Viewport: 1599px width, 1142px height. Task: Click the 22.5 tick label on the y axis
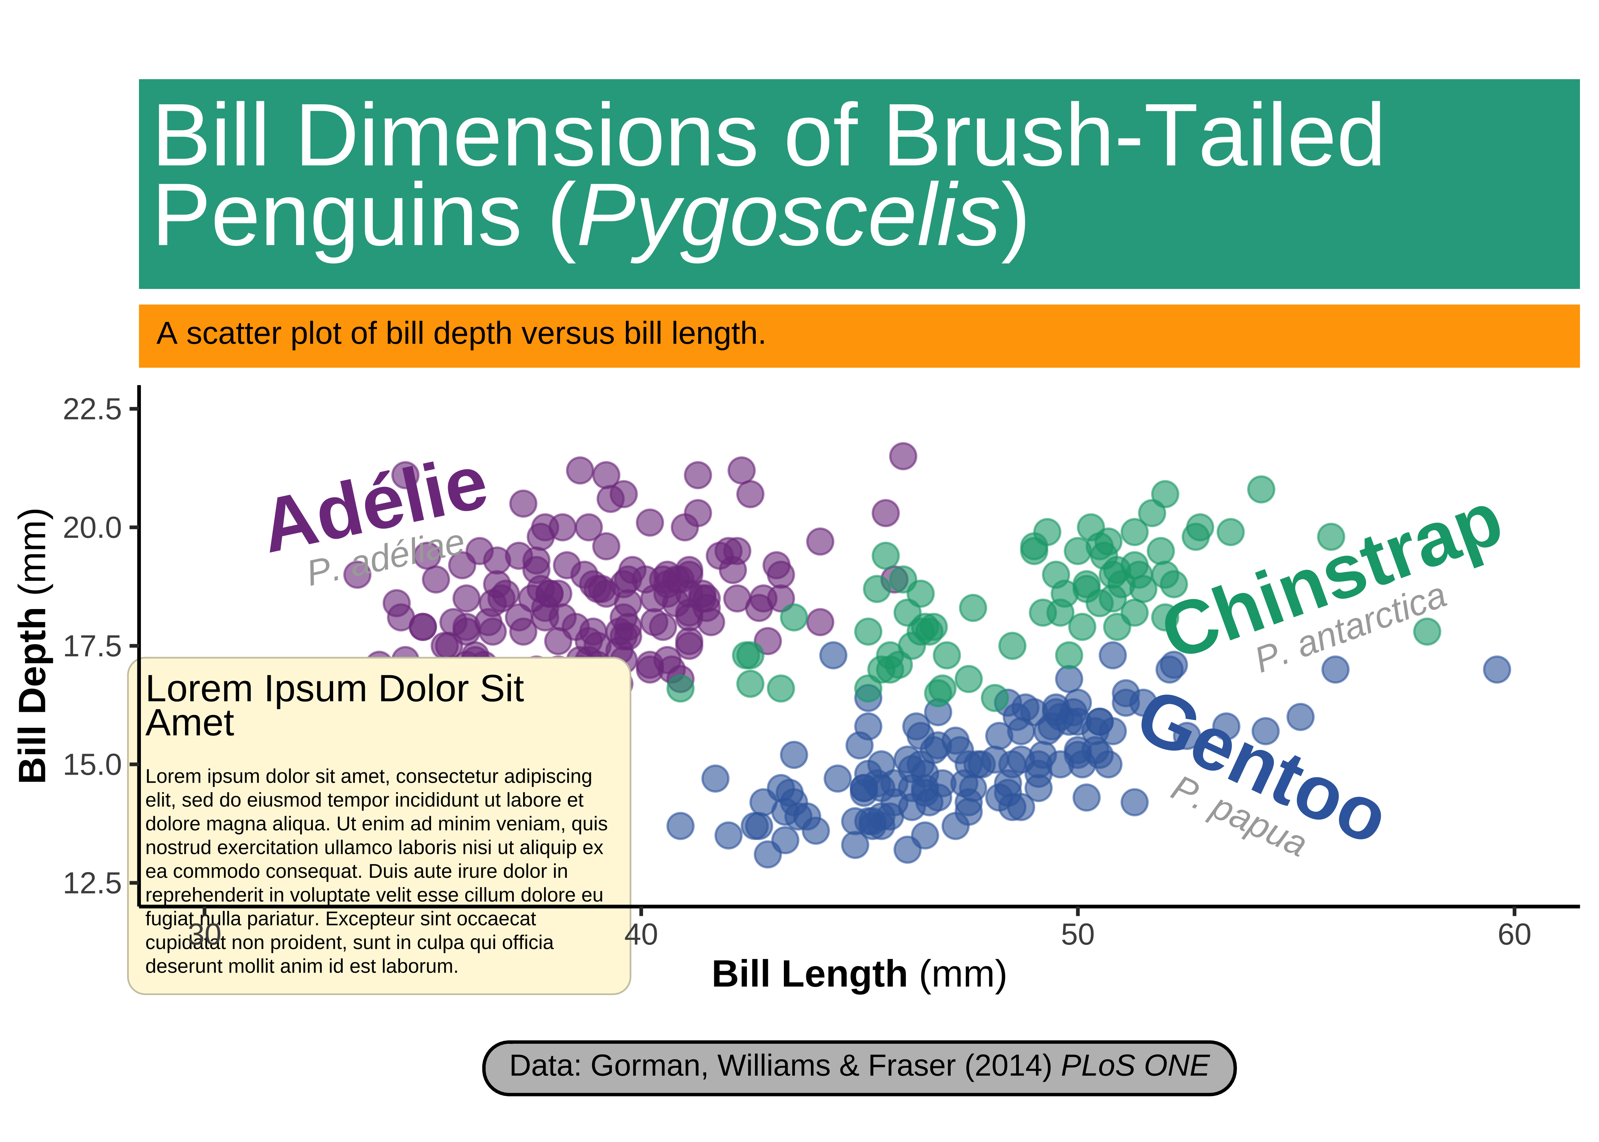92,409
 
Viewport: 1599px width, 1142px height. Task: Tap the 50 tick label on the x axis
1077,935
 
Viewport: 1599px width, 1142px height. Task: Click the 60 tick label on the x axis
1514,935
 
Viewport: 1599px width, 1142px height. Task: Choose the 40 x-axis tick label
641,935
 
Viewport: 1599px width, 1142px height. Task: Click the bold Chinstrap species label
1332,578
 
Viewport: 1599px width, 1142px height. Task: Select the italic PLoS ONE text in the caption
1135,1066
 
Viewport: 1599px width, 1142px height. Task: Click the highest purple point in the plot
903,456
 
